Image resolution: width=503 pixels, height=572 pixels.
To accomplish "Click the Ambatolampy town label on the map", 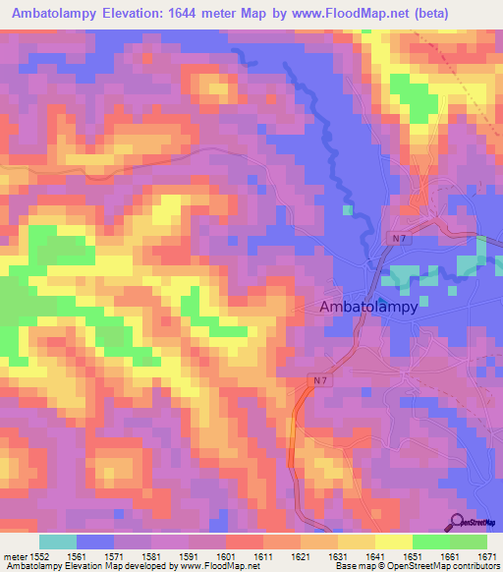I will click(x=369, y=307).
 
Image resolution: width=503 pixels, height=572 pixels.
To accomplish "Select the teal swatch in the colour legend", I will click(x=58, y=542).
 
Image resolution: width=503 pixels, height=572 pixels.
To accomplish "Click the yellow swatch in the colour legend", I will click(x=393, y=542).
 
